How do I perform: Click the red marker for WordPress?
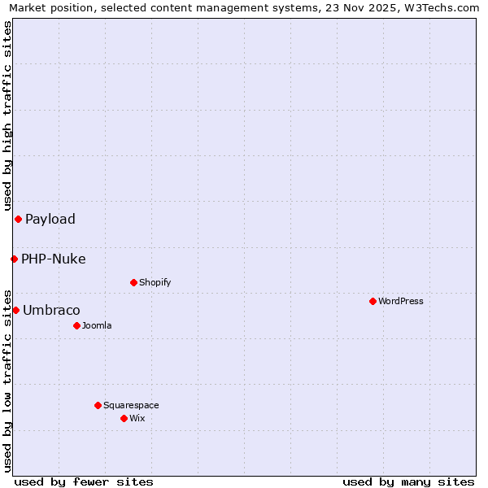373,301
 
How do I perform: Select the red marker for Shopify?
133,282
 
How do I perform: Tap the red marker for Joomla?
76,325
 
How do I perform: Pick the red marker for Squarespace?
98,405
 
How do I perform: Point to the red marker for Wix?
124,418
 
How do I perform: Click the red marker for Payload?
18,219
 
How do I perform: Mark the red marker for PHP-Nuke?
14,259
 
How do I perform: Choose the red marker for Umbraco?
15,310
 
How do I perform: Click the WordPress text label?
401,301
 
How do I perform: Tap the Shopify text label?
155,282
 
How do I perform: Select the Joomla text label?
97,325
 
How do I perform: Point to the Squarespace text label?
131,405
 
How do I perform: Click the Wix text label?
137,418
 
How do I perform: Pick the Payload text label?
50,219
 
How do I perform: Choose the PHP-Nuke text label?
54,259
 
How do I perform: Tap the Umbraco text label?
51,311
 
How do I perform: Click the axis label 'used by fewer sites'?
84,481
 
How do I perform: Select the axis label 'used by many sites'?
408,481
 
